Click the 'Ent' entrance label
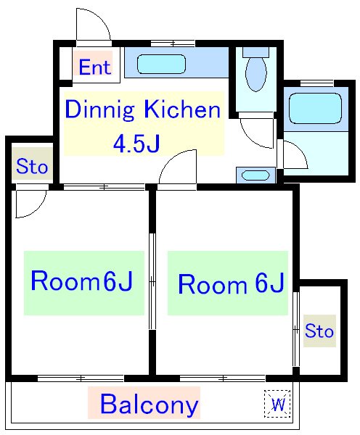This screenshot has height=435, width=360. pyautogui.click(x=95, y=67)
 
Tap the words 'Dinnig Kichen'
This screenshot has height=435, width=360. pyautogui.click(x=143, y=110)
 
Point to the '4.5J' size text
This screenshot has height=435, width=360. pyautogui.click(x=136, y=144)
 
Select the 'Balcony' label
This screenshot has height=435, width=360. pyautogui.click(x=150, y=405)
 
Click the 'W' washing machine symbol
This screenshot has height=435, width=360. pyautogui.click(x=278, y=404)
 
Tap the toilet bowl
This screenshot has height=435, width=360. pyautogui.click(x=255, y=74)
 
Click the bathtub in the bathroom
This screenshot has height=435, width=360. pyautogui.click(x=315, y=108)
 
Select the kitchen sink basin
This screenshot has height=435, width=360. pyautogui.click(x=161, y=65)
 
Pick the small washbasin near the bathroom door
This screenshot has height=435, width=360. pyautogui.click(x=255, y=175)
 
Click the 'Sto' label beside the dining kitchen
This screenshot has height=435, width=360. pyautogui.click(x=32, y=167)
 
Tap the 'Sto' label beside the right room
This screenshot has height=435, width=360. pyautogui.click(x=319, y=331)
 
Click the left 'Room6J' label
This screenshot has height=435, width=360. pyautogui.click(x=82, y=281)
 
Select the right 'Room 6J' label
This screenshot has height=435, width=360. pyautogui.click(x=231, y=283)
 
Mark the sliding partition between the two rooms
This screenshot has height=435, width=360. pyautogui.click(x=152, y=281)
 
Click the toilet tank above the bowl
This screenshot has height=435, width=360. pyautogui.click(x=255, y=52)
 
